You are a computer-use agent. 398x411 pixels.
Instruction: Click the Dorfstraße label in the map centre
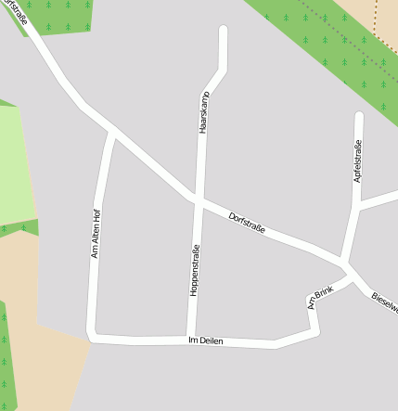[x=248, y=224]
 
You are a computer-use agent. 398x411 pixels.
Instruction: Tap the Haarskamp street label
[x=204, y=113]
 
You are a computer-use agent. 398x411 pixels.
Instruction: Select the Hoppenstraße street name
[x=195, y=269]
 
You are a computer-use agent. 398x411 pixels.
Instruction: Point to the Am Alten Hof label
[x=96, y=233]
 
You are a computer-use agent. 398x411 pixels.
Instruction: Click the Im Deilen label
[x=206, y=341]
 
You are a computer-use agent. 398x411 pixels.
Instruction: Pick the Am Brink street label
[x=320, y=297]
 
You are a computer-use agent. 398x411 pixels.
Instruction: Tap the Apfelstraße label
[x=356, y=160]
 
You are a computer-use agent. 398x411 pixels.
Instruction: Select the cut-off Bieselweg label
[x=384, y=302]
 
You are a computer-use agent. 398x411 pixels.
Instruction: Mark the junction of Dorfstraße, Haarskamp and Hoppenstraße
[x=198, y=199]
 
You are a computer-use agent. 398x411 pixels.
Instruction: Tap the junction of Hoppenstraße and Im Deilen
[x=189, y=338]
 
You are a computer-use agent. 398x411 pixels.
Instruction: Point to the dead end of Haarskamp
[x=223, y=31]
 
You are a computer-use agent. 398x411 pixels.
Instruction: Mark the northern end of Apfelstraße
[x=359, y=116]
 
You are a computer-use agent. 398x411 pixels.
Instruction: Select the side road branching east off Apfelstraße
[x=379, y=200]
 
